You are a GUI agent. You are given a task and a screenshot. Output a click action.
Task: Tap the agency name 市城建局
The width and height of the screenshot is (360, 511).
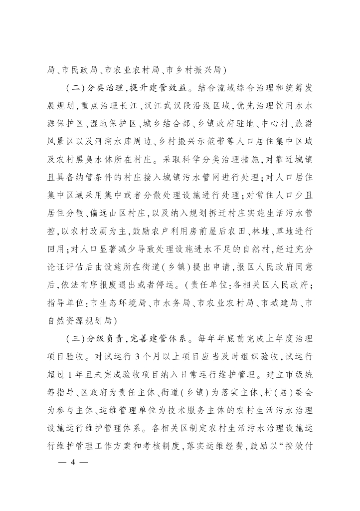pos(280,302)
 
